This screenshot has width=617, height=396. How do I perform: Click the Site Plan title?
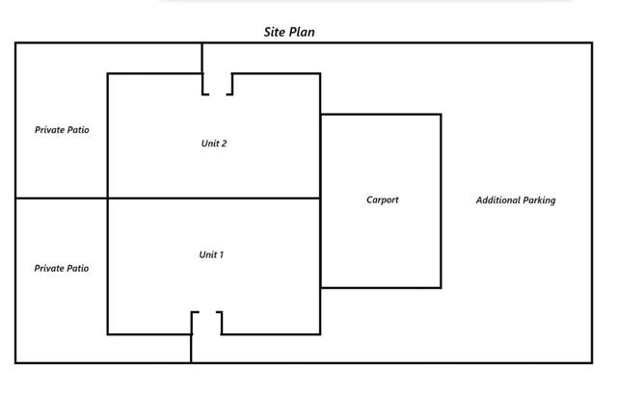point(289,32)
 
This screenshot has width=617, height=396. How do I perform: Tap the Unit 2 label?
point(214,144)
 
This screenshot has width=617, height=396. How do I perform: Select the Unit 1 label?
point(211,254)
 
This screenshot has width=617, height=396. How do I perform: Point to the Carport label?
point(383,200)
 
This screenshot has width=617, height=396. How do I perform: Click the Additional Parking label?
point(516,200)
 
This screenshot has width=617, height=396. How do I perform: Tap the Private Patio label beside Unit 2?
point(62,130)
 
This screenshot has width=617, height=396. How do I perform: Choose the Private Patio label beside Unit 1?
point(62,269)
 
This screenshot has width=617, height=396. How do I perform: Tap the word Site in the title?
point(275,32)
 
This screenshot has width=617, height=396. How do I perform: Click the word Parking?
point(539,200)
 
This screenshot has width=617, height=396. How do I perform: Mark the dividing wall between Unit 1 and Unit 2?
point(214,198)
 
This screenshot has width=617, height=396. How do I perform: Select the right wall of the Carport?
point(441,200)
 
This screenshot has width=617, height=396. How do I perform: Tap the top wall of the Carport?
point(381,115)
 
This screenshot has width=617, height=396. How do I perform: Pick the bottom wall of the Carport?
point(381,287)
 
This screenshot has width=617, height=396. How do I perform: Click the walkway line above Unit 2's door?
point(202,59)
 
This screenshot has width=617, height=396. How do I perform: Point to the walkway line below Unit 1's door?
point(191,349)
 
